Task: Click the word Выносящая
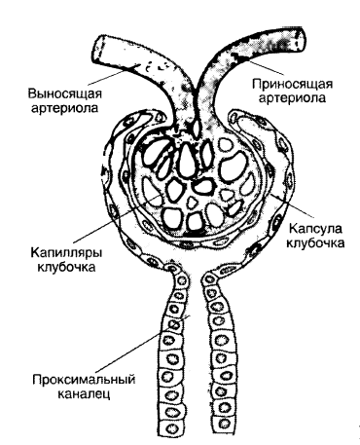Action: (x=65, y=93)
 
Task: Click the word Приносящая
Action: (x=293, y=84)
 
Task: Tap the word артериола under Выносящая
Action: (x=65, y=108)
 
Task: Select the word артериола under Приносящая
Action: (x=292, y=97)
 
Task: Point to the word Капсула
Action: (x=315, y=228)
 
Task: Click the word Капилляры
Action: (x=66, y=252)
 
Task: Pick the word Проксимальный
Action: (x=84, y=380)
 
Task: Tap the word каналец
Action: (x=84, y=393)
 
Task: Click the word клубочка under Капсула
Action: (x=315, y=242)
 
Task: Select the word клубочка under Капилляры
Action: (x=66, y=267)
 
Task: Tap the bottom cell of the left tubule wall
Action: (x=170, y=427)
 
